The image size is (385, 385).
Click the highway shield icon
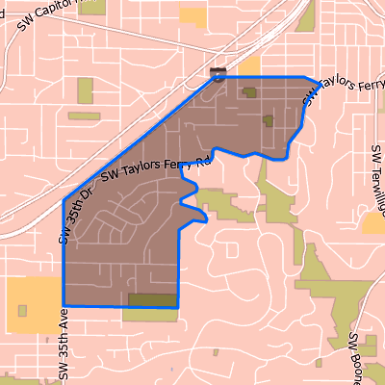click(219, 74)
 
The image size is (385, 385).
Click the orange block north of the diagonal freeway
click(193, 15)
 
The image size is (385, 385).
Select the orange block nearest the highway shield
click(250, 65)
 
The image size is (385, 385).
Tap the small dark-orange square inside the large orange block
click(23, 310)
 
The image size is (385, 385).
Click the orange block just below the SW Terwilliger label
click(373, 223)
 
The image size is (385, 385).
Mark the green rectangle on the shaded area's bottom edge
click(153, 300)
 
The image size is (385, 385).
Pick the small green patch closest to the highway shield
click(250, 93)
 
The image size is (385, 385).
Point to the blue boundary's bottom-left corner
click(64, 305)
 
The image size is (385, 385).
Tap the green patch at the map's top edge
click(306, 15)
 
